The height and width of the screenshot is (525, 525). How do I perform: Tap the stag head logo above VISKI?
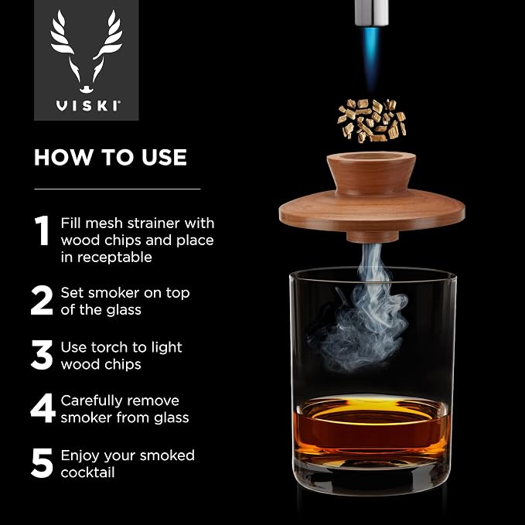[86, 51]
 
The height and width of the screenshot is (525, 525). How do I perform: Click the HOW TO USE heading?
[110, 157]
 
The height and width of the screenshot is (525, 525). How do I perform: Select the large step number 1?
[43, 230]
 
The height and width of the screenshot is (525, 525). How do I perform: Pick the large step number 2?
[42, 300]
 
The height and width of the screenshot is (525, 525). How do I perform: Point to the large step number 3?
[42, 355]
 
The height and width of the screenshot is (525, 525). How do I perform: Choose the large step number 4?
[43, 407]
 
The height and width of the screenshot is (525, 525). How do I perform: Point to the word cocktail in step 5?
[87, 472]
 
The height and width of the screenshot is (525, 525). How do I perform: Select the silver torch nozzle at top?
[372, 12]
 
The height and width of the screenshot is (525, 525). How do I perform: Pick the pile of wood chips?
[372, 121]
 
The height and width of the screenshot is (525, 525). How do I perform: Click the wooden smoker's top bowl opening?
[371, 156]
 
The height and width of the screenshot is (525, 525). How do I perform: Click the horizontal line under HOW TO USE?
[118, 189]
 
